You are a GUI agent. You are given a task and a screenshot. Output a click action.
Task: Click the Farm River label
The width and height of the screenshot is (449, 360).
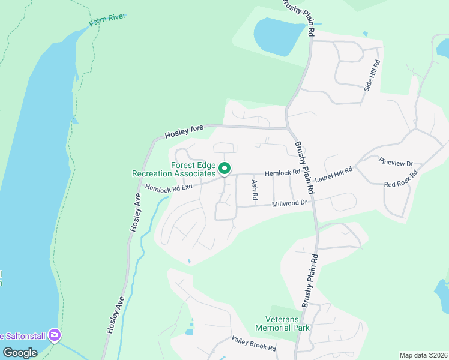coord(107,20)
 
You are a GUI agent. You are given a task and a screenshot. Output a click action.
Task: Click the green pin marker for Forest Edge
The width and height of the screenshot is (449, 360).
coord(224,169)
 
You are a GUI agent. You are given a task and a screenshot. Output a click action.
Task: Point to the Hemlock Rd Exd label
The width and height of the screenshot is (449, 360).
coord(169,188)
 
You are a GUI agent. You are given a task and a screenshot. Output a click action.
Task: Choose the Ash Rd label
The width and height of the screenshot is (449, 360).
coord(255,189)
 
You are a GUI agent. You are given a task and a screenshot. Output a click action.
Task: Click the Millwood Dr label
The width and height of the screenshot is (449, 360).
coord(289,203)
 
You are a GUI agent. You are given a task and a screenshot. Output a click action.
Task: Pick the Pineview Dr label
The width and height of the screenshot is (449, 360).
coord(396,163)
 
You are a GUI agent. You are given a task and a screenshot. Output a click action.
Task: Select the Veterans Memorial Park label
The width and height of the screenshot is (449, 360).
coord(282,323)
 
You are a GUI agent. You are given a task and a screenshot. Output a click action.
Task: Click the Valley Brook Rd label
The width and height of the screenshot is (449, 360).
coord(253,344)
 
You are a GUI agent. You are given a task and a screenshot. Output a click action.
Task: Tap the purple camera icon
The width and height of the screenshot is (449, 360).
coord(55,334)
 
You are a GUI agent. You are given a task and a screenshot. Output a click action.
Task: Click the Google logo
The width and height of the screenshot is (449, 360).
coord(20,353)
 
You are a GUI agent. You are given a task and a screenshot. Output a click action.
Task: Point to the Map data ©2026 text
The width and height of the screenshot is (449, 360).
coord(423,355)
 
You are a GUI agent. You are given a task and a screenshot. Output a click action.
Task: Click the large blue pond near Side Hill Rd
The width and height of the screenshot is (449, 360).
coord(276,34)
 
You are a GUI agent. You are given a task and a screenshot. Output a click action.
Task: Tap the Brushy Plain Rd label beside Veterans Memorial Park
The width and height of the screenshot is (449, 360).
coord(310,282)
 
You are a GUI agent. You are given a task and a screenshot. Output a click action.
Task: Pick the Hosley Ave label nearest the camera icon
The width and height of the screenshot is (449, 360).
coord(116,315)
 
